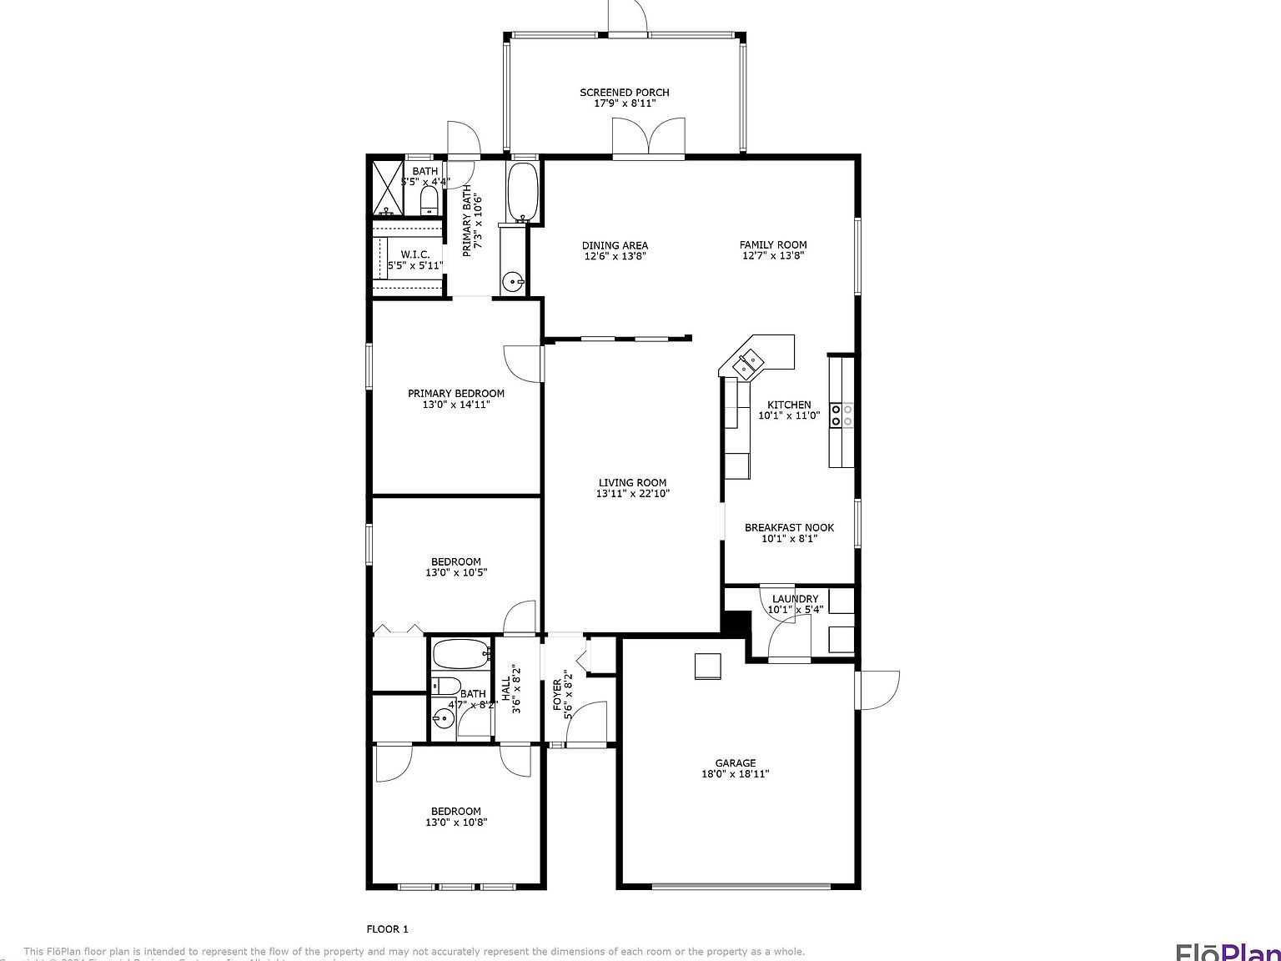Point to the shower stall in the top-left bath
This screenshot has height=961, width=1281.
pyautogui.click(x=387, y=187)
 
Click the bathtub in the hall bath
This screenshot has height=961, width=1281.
pyautogui.click(x=461, y=655)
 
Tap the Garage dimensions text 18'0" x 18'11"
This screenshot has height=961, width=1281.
pyautogui.click(x=735, y=774)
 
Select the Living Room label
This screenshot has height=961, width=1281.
pyautogui.click(x=632, y=482)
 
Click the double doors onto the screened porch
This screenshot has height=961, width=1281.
pyautogui.click(x=649, y=138)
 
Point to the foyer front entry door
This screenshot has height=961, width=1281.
pyautogui.click(x=586, y=722)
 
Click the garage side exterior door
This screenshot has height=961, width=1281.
pyautogui.click(x=878, y=690)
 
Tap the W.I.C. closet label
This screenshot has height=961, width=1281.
pyautogui.click(x=414, y=254)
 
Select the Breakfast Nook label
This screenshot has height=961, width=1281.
pyautogui.click(x=789, y=527)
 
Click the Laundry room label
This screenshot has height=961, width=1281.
pyautogui.click(x=795, y=599)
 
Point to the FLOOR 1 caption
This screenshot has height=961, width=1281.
pyautogui.click(x=388, y=928)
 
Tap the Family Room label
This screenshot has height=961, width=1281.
pyautogui.click(x=773, y=245)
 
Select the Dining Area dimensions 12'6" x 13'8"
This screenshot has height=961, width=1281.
pyautogui.click(x=615, y=256)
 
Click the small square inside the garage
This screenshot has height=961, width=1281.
pyautogui.click(x=707, y=666)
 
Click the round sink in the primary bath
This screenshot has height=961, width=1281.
pyautogui.click(x=515, y=280)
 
